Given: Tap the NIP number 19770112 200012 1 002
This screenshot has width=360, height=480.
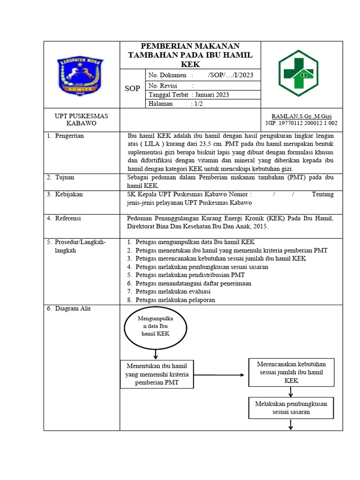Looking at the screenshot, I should click(301, 123).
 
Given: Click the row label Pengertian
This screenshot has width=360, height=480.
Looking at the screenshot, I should click(69, 136).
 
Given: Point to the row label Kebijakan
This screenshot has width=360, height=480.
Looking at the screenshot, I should click(68, 194).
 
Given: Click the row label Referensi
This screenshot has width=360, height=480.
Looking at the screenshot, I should click(68, 218).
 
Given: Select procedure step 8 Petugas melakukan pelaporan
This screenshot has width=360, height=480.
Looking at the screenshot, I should click(175, 300).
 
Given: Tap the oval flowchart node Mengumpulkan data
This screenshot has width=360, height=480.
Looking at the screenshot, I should click(155, 326).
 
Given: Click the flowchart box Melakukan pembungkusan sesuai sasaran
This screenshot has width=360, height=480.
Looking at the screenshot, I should click(291, 408).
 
